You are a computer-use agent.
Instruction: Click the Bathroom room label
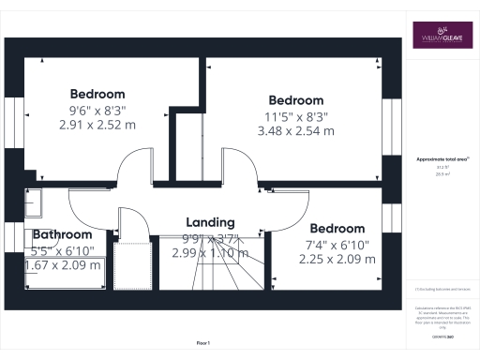[63, 234]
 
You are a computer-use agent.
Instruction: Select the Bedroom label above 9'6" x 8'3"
[97, 94]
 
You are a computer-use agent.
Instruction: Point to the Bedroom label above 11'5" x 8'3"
[295, 100]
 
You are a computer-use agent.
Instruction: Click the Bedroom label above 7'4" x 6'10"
[337, 229]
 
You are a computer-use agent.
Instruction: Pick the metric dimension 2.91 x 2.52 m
[97, 124]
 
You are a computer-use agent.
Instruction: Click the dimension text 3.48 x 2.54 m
[295, 131]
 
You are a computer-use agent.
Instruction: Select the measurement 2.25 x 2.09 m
[337, 260]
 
